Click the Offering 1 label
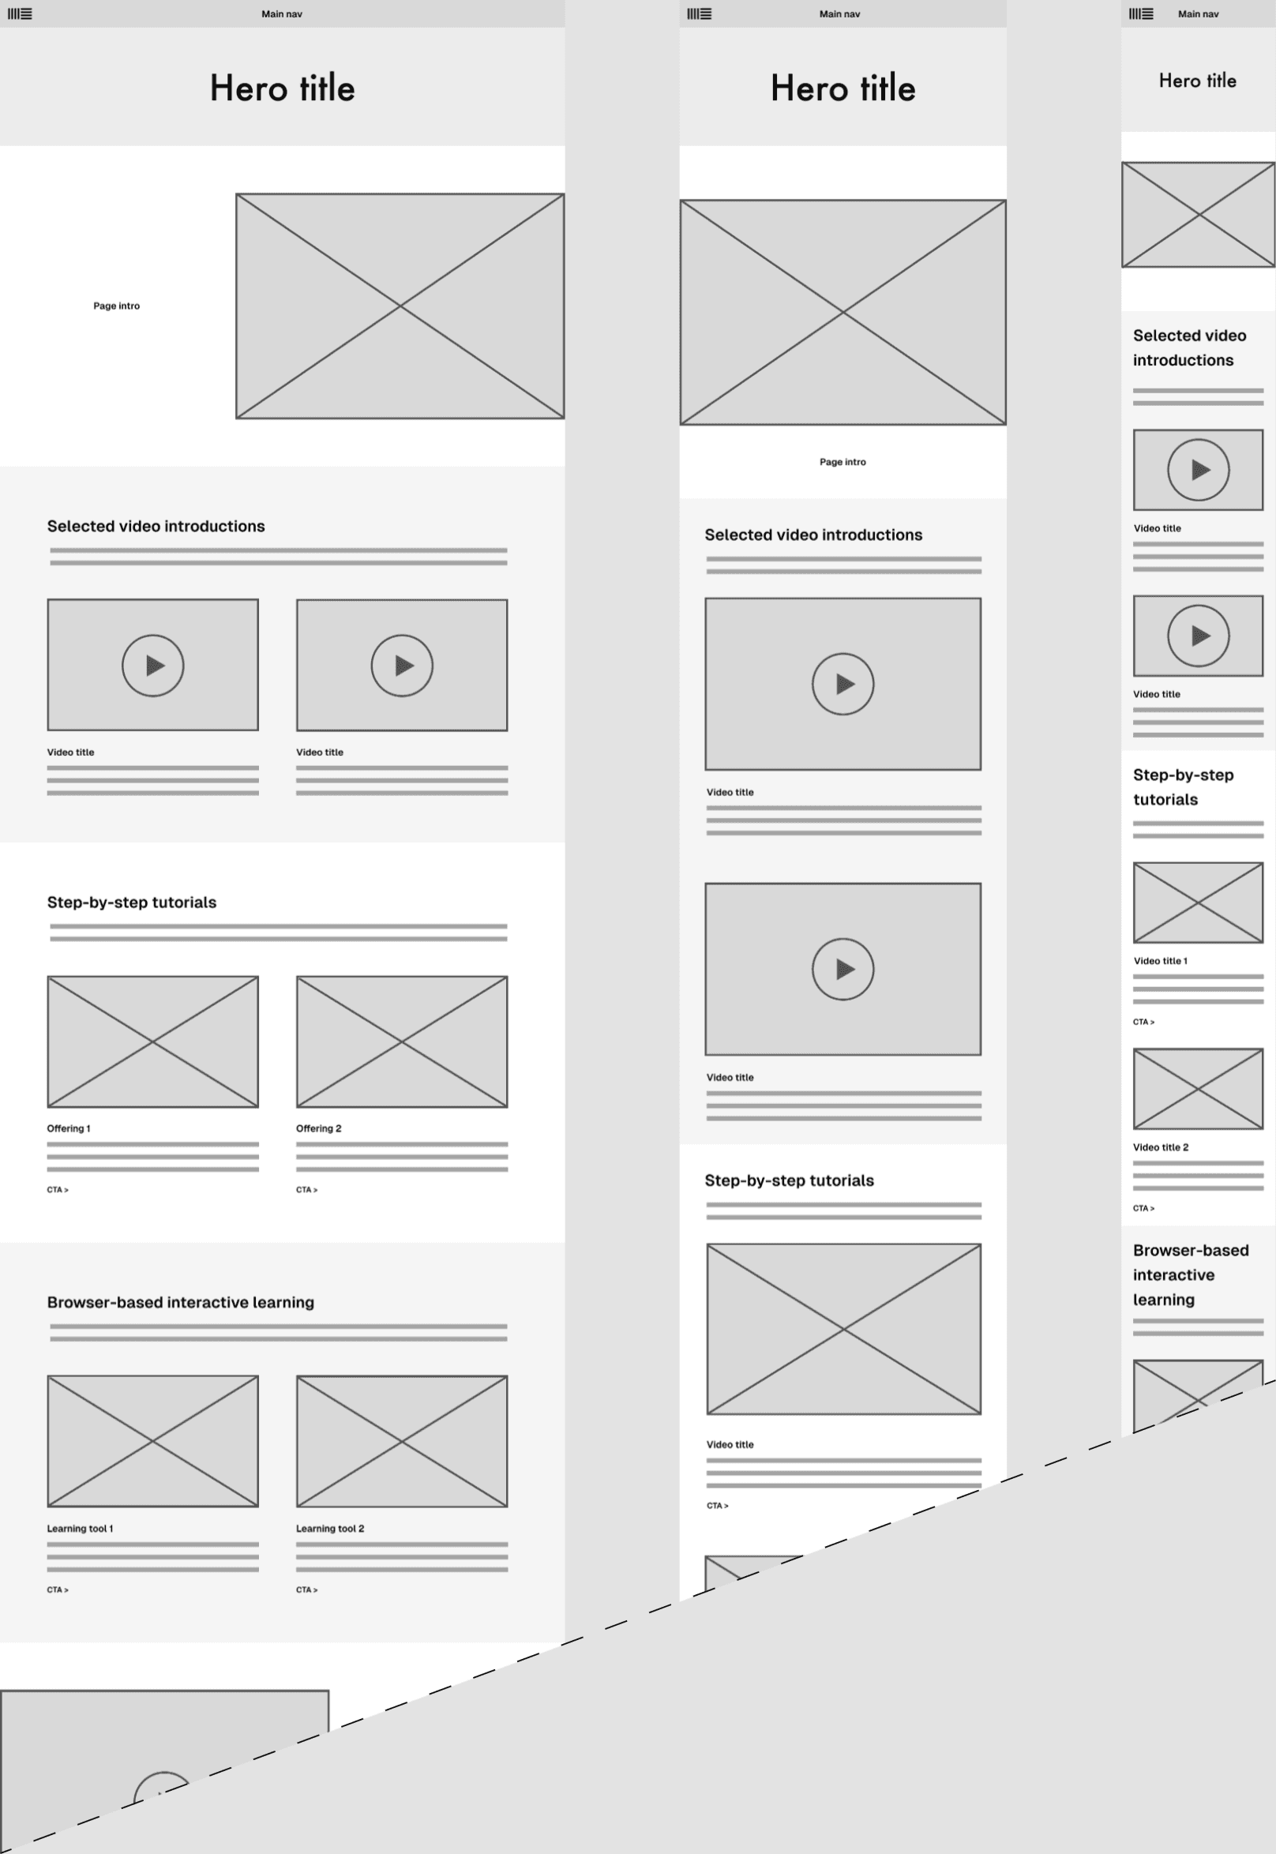[69, 1128]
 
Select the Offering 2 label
[318, 1128]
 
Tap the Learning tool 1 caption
[80, 1528]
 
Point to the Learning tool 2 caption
[329, 1528]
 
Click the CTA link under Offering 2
[307, 1190]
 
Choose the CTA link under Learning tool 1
[58, 1589]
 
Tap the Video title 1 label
[1160, 961]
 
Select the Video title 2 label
[1160, 1147]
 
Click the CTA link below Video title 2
[1143, 1208]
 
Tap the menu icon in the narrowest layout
[1141, 13]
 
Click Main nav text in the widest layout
[281, 13]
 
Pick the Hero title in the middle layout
[843, 88]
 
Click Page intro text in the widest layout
[117, 306]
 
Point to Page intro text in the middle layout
[843, 461]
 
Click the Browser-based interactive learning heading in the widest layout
[181, 1302]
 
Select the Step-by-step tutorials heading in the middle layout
[789, 1180]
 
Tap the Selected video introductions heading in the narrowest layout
[1190, 347]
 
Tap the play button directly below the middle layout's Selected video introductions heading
[843, 684]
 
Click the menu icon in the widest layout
[20, 13]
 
